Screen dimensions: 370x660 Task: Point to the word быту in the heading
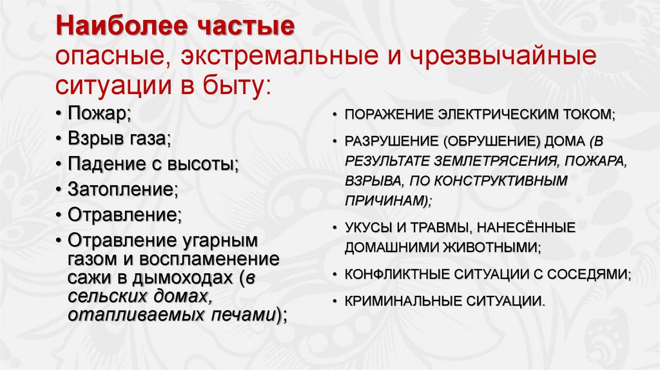(236, 84)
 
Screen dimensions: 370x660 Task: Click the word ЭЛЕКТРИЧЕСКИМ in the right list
(500, 115)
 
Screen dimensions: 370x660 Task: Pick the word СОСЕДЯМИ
(589, 273)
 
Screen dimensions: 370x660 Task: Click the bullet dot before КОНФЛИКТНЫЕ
(336, 273)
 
